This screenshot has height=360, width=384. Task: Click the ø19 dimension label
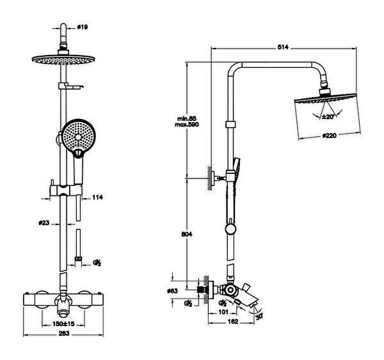pyautogui.click(x=83, y=27)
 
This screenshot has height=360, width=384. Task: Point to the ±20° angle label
pyautogui.click(x=328, y=117)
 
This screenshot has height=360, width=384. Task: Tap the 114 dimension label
pyautogui.click(x=97, y=198)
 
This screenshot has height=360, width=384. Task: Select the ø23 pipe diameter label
pyautogui.click(x=44, y=223)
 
